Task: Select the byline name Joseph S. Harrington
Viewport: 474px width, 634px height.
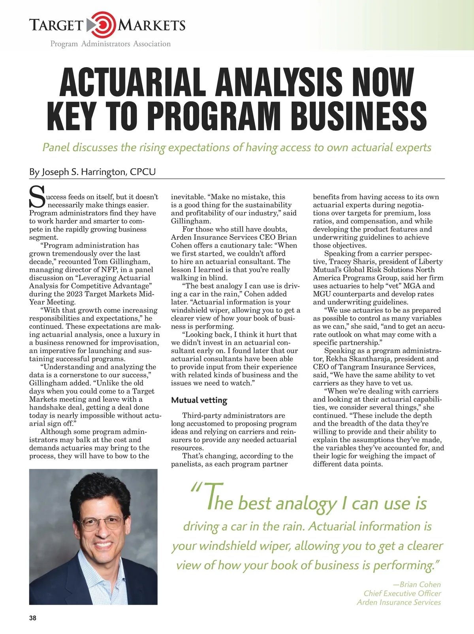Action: coord(85,172)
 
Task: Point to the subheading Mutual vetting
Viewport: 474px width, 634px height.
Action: coord(199,400)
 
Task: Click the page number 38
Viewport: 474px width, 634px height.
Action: coord(33,618)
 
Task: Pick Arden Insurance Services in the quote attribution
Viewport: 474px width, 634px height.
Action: coord(399,602)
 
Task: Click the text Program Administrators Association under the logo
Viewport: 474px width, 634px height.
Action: coord(111,44)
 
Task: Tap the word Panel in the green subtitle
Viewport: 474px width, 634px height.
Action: coord(56,148)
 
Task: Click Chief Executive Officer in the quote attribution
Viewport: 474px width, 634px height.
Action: coord(402,593)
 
